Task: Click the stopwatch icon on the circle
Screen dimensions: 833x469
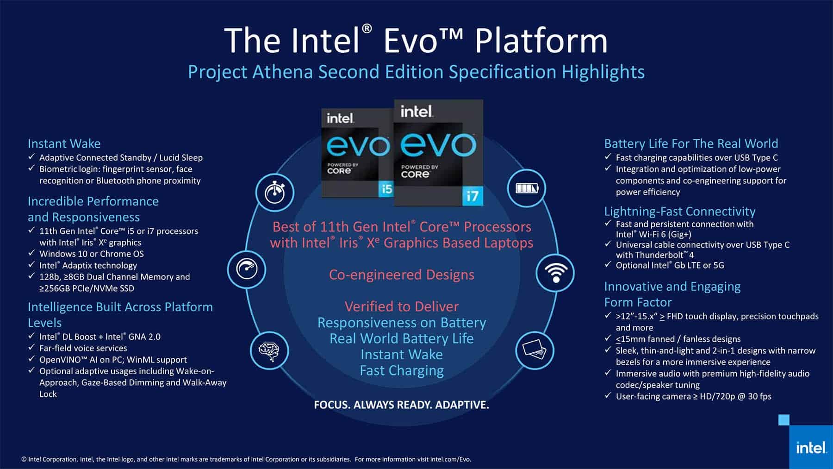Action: (274, 192)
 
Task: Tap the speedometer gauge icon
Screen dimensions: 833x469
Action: (246, 269)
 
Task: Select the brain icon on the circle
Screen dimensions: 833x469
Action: (269, 350)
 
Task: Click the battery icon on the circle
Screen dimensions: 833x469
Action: (527, 188)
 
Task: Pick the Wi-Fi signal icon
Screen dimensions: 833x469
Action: (555, 273)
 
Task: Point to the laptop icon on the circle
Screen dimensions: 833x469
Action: (535, 350)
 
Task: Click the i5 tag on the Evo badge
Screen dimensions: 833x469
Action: (385, 189)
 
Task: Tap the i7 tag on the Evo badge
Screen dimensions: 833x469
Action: (472, 196)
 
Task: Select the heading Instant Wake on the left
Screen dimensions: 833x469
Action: (64, 144)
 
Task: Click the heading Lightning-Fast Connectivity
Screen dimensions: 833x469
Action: (679, 212)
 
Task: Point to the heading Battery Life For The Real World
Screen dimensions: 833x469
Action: (691, 144)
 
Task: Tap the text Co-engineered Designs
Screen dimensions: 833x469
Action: (402, 275)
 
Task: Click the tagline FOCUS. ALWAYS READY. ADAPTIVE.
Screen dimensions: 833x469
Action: (401, 405)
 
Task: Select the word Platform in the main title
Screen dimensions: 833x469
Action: (541, 41)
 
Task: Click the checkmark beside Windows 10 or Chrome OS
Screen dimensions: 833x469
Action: (31, 253)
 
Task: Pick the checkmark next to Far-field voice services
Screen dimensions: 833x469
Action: (31, 348)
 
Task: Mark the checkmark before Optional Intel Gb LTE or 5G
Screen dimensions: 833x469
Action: (608, 265)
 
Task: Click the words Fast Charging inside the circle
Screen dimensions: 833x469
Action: (402, 371)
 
